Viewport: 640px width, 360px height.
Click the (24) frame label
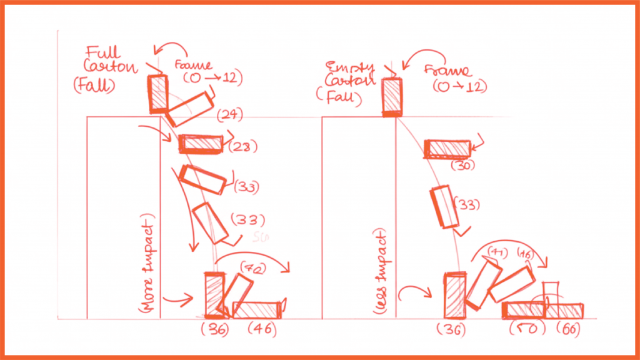pos(229,114)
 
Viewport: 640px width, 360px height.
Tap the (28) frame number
pos(244,146)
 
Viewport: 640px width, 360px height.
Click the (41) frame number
pos(496,253)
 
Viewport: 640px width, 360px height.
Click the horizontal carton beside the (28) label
pos(201,144)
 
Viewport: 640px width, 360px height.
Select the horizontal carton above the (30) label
pos(447,149)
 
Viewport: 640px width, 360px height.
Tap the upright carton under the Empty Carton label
pos(392,97)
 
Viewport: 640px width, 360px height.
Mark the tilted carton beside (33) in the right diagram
pos(444,207)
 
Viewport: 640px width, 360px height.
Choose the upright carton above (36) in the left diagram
pos(214,294)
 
